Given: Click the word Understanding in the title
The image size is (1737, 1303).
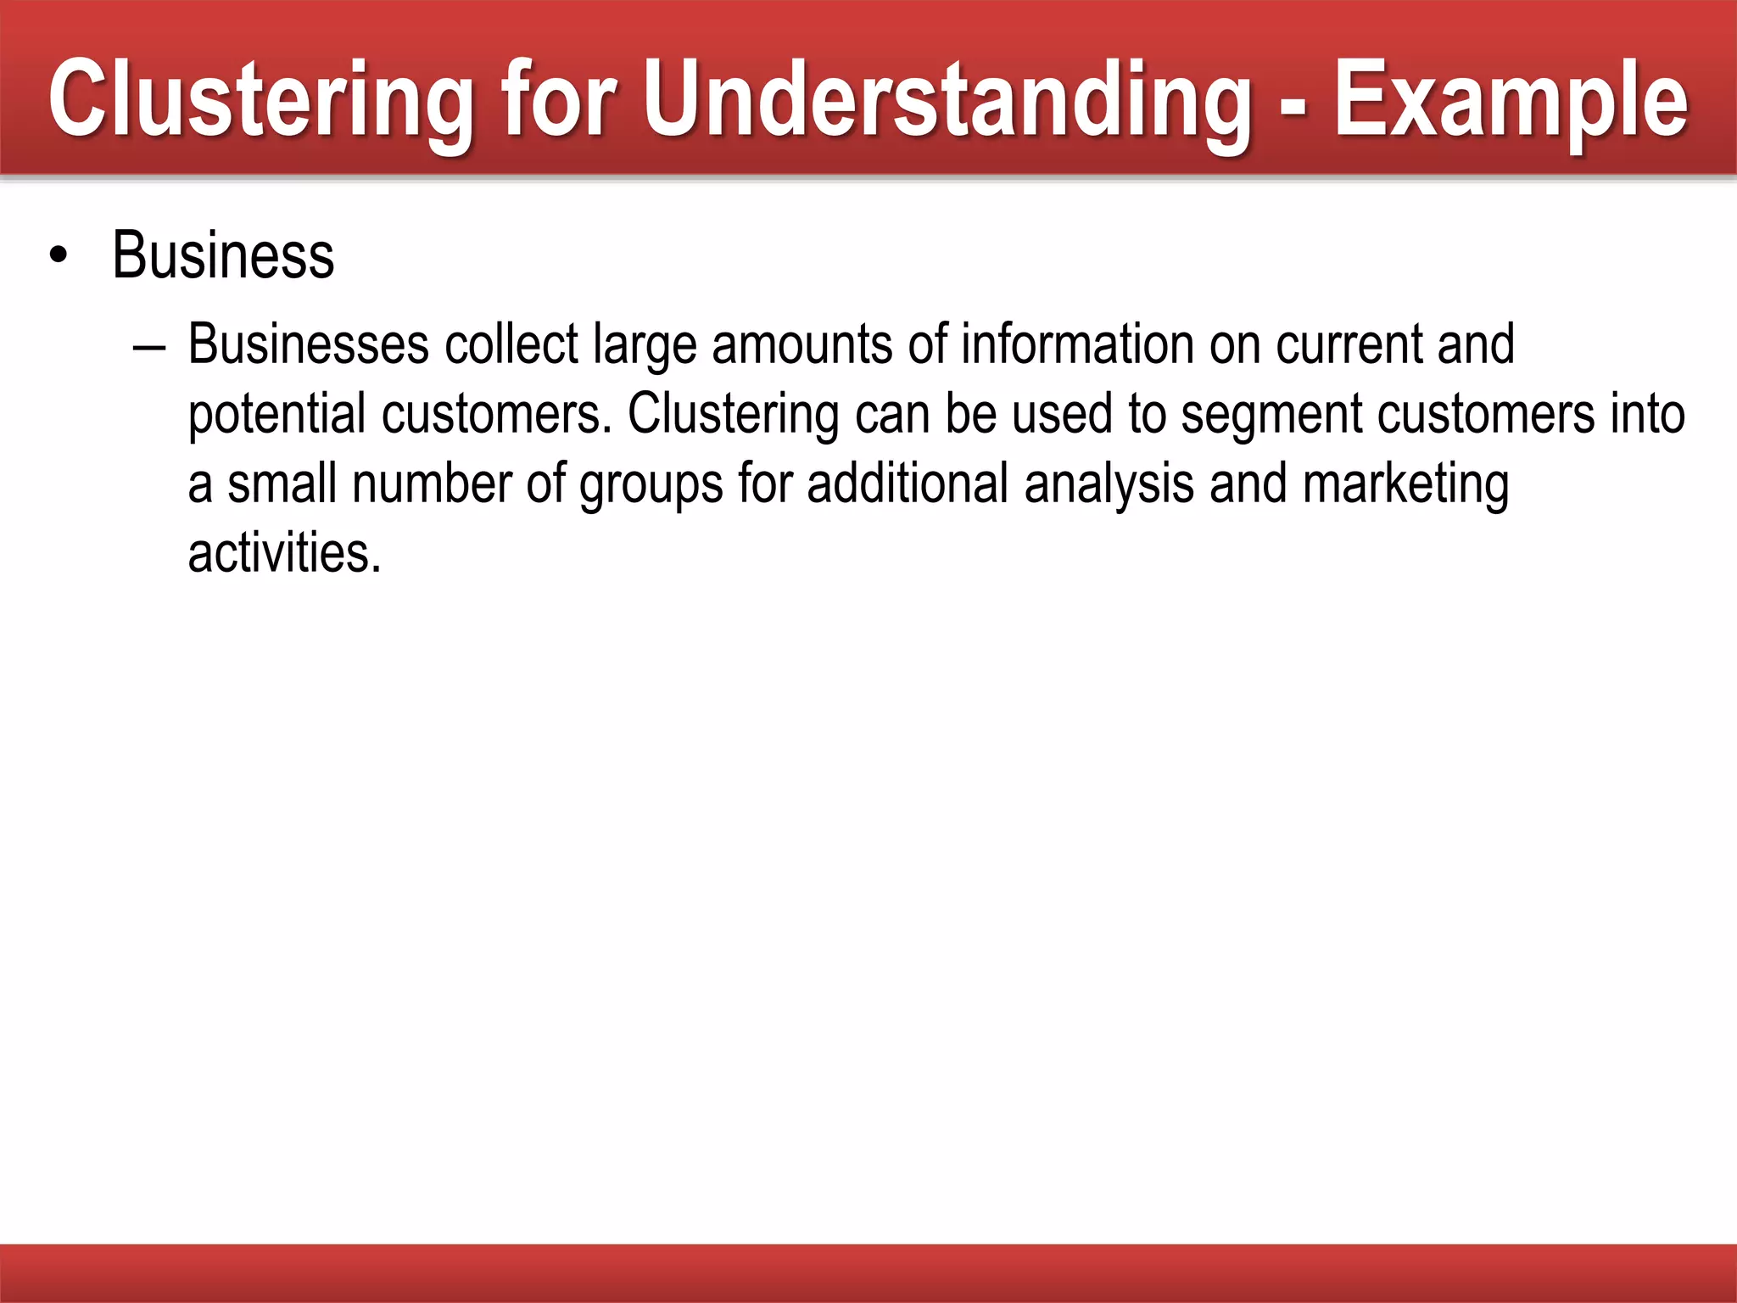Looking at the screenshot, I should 946,100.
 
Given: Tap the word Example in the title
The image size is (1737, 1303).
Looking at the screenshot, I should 1511,100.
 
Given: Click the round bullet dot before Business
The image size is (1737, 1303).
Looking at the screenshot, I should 58,256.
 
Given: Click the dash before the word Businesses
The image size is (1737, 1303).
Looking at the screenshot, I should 149,348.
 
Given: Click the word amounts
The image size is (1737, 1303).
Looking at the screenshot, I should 801,346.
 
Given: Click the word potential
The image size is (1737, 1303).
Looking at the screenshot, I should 276,416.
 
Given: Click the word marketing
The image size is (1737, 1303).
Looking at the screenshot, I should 1405,485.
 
